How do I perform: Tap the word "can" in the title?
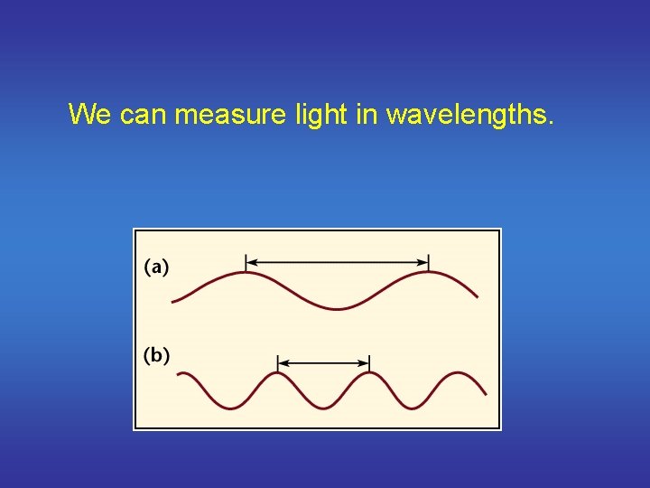[x=142, y=115]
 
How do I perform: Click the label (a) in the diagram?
[x=156, y=267]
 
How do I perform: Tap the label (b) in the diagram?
[x=156, y=355]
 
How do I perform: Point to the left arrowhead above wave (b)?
[x=283, y=362]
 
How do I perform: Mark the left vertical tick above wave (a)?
[x=246, y=263]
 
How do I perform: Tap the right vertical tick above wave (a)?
[x=429, y=263]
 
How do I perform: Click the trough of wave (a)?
[x=338, y=309]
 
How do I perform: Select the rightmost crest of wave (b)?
[x=461, y=372]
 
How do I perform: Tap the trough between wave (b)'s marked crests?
[x=323, y=408]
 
